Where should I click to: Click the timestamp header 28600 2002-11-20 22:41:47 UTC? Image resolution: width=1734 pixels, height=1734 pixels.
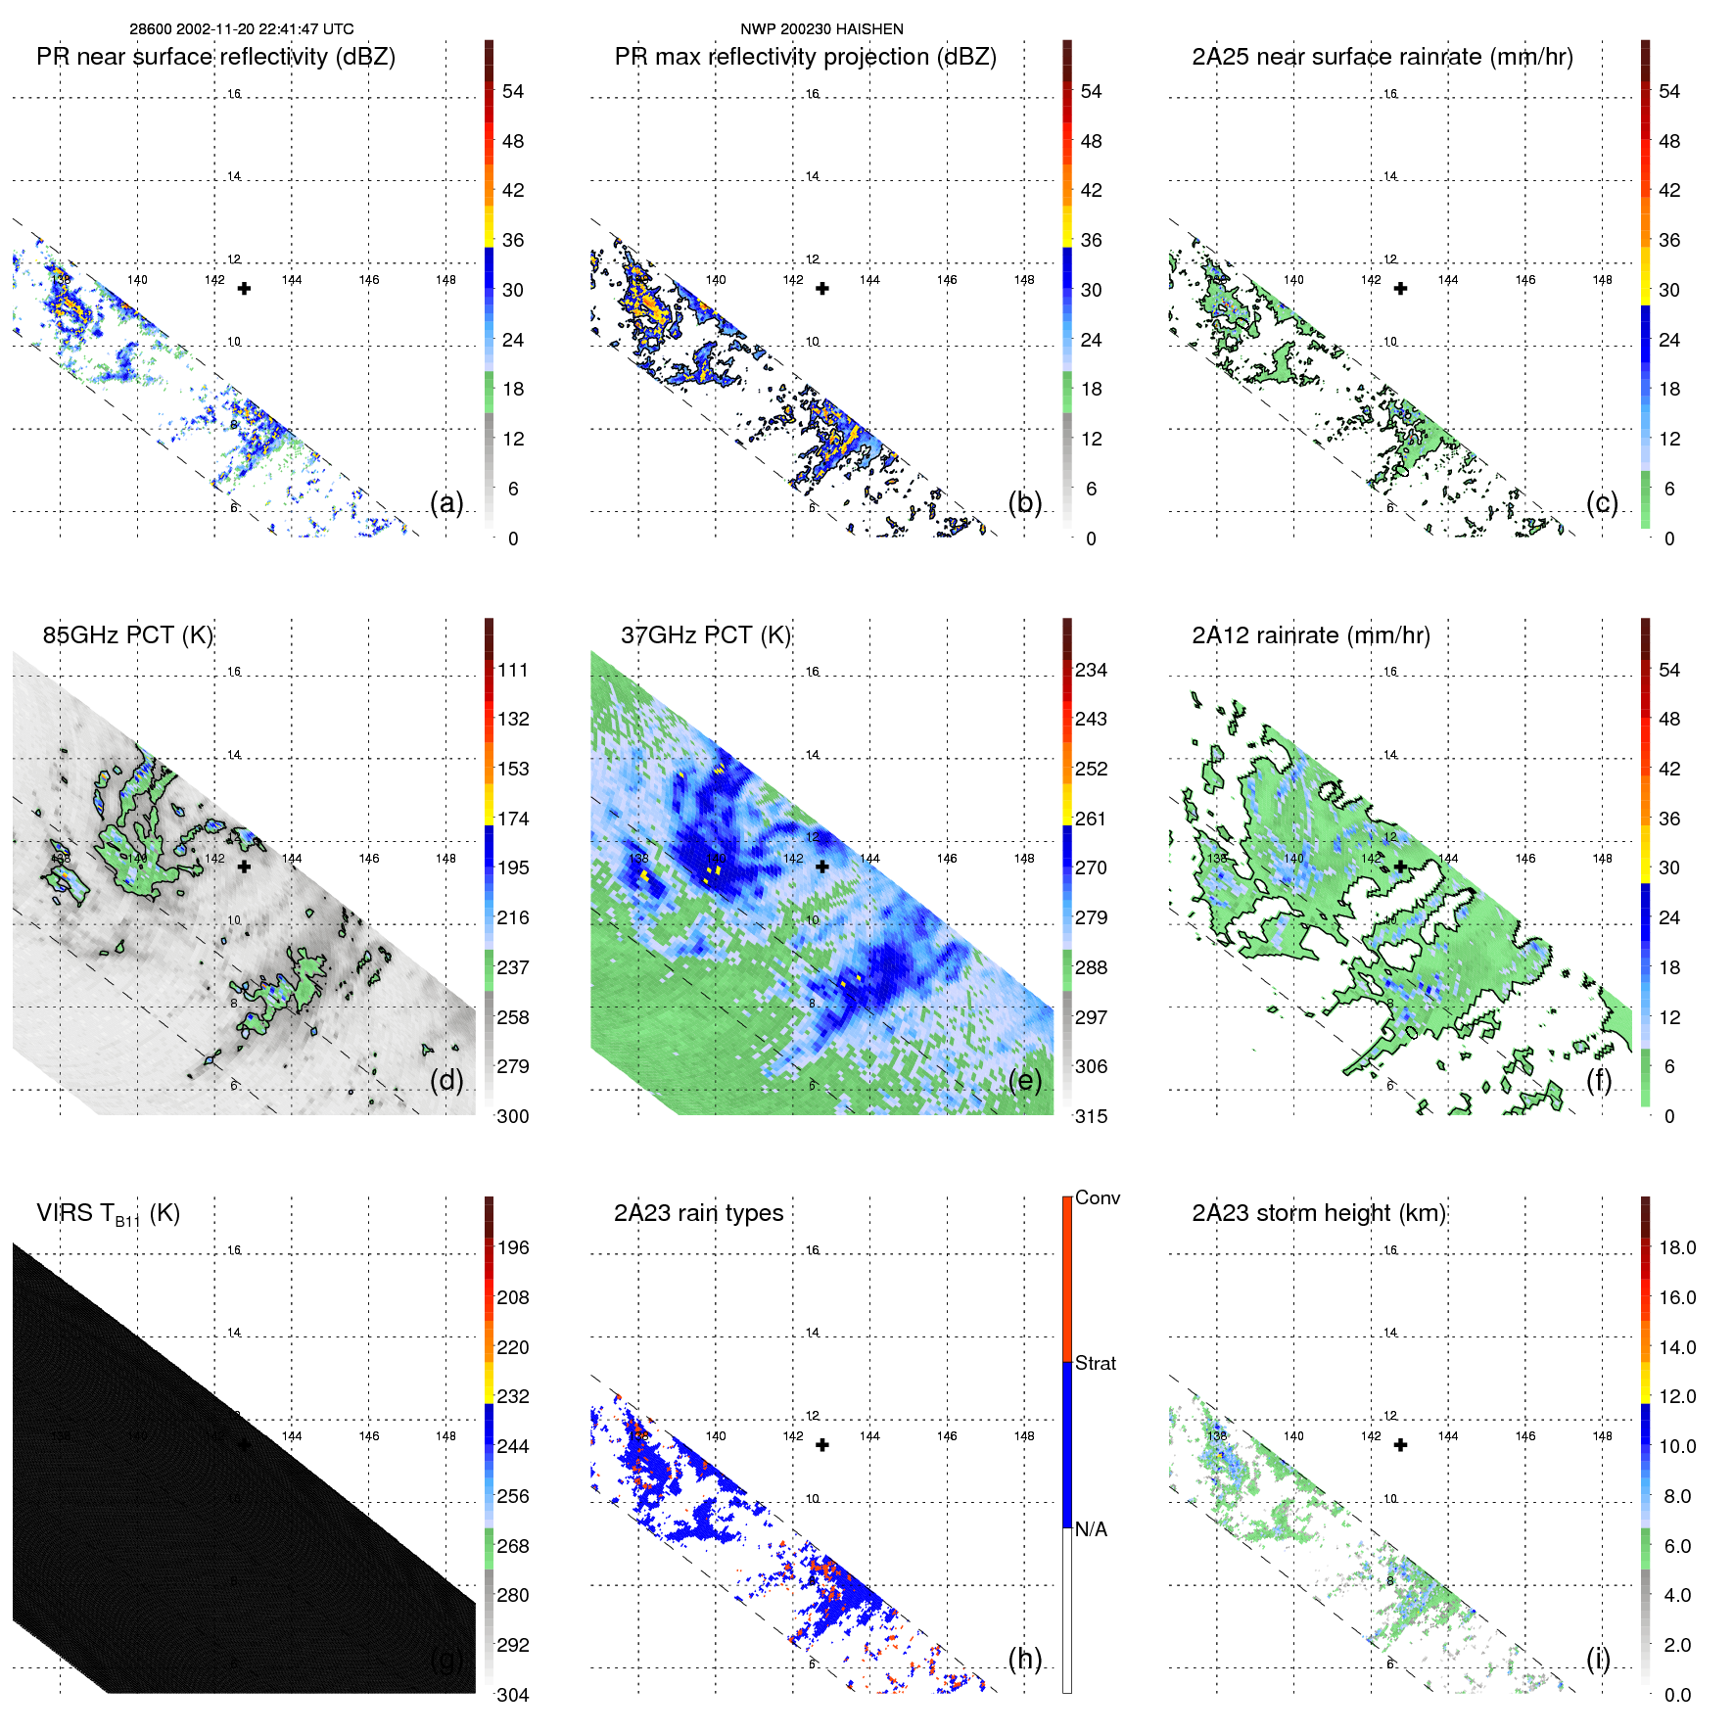pyautogui.click(x=242, y=29)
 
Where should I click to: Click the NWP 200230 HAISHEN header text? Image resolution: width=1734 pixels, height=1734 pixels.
pyautogui.click(x=821, y=29)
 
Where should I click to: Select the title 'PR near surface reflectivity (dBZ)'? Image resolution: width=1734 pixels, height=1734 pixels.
pyautogui.click(x=215, y=57)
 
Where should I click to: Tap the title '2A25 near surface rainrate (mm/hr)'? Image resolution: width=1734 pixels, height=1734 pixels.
pyautogui.click(x=1383, y=57)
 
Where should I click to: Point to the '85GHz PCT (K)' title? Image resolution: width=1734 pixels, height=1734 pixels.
pyautogui.click(x=127, y=634)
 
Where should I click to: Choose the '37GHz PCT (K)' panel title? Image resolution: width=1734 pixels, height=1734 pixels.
pyautogui.click(x=705, y=634)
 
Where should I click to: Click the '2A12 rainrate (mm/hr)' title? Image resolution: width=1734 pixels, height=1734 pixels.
pyautogui.click(x=1311, y=634)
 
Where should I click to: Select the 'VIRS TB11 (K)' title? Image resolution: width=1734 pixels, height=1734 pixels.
pyautogui.click(x=108, y=1214)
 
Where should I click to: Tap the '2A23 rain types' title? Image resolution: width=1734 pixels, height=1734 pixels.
pyautogui.click(x=698, y=1213)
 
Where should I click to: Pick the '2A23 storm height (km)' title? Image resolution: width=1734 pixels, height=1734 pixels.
pyautogui.click(x=1319, y=1213)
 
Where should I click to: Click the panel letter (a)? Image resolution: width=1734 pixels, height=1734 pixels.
pyautogui.click(x=446, y=502)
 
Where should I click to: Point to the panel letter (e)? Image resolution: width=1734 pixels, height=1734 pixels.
pyautogui.click(x=1025, y=1080)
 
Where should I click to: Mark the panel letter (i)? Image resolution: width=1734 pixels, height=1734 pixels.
pyautogui.click(x=1598, y=1659)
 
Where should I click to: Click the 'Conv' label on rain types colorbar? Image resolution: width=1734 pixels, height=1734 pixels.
pyautogui.click(x=1098, y=1197)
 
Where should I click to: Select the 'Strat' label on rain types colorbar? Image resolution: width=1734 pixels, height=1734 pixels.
pyautogui.click(x=1096, y=1363)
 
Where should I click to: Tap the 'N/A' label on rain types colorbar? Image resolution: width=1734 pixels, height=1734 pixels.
pyautogui.click(x=1091, y=1529)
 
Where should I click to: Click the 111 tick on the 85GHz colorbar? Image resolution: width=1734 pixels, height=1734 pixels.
pyautogui.click(x=513, y=670)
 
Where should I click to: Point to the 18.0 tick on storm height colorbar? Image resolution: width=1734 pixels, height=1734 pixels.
pyautogui.click(x=1677, y=1247)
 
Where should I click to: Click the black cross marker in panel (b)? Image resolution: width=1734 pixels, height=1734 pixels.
pyautogui.click(x=822, y=289)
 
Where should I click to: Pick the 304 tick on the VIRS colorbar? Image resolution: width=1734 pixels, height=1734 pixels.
pyautogui.click(x=513, y=1695)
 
